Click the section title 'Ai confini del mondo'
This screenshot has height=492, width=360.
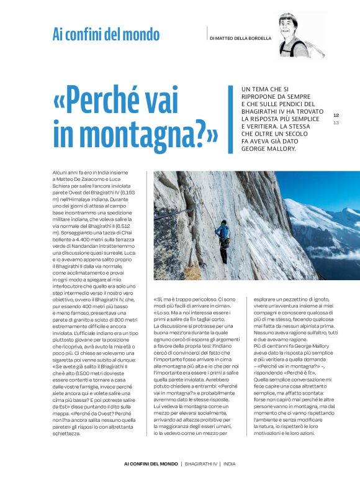(x=106, y=35)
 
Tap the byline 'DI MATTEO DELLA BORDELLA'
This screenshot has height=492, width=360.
(x=240, y=38)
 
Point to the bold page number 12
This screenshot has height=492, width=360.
(x=336, y=115)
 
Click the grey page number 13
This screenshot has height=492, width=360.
(x=336, y=122)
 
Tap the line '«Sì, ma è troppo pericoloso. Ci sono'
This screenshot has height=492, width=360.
(x=196, y=299)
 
